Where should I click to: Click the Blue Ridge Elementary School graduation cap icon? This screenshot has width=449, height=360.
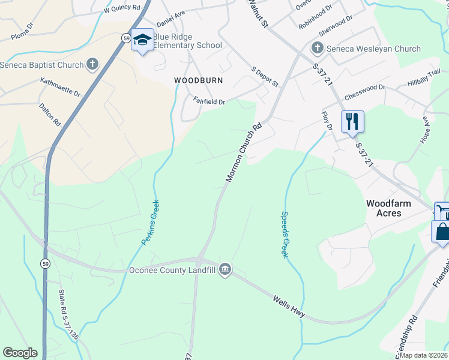[142, 40]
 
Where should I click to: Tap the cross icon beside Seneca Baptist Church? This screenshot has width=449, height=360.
[92, 63]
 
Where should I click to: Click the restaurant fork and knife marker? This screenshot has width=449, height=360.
[352, 121]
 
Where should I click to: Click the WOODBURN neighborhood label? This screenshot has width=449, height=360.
[198, 80]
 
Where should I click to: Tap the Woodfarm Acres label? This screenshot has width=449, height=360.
[389, 208]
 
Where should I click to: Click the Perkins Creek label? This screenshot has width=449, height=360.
[150, 222]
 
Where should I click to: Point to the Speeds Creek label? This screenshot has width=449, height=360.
[285, 235]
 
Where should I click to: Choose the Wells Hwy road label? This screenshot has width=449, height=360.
[289, 306]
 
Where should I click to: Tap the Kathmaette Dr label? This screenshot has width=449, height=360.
[60, 87]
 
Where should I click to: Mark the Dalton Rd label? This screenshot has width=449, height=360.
[50, 114]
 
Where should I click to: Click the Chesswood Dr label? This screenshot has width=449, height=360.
[364, 92]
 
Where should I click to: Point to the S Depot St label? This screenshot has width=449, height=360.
[265, 77]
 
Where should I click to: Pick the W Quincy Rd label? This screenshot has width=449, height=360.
[121, 9]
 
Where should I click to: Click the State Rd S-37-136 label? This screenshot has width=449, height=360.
[68, 315]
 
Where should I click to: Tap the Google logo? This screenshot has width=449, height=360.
[20, 353]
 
